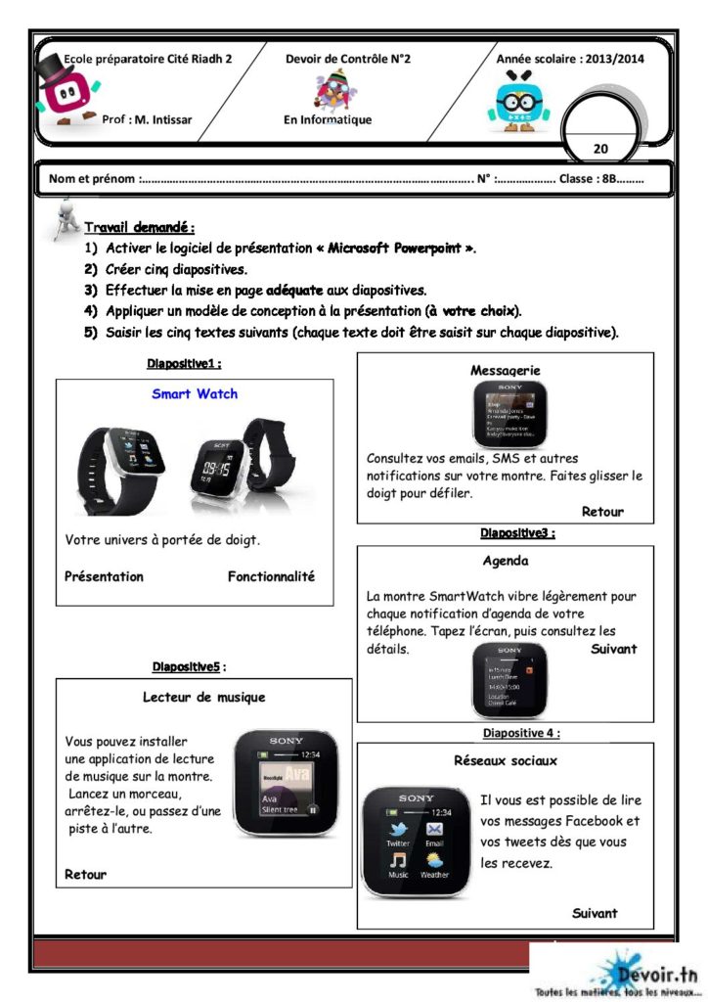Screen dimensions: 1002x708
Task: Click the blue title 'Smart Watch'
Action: coord(195,394)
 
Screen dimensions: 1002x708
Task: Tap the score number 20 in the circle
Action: coord(600,149)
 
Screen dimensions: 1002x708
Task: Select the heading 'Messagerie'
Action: coord(505,371)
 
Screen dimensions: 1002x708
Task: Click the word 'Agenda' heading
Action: coord(505,562)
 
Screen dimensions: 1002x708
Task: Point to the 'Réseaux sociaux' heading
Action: coord(506,759)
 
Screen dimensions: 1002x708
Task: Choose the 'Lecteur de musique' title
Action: coord(203,698)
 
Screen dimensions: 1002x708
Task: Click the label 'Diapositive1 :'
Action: coord(183,364)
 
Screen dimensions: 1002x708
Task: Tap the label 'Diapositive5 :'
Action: coord(189,667)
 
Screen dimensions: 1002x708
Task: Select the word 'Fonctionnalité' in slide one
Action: coord(271,576)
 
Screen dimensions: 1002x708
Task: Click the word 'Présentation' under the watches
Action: coord(104,576)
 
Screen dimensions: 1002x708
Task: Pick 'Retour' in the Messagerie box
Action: coord(601,512)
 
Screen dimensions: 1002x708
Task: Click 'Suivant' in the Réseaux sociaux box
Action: coord(595,913)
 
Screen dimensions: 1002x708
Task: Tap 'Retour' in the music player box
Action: coord(85,874)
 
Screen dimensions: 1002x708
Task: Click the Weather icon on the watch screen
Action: coord(434,863)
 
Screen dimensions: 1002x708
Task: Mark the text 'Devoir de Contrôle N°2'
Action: coord(348,59)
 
